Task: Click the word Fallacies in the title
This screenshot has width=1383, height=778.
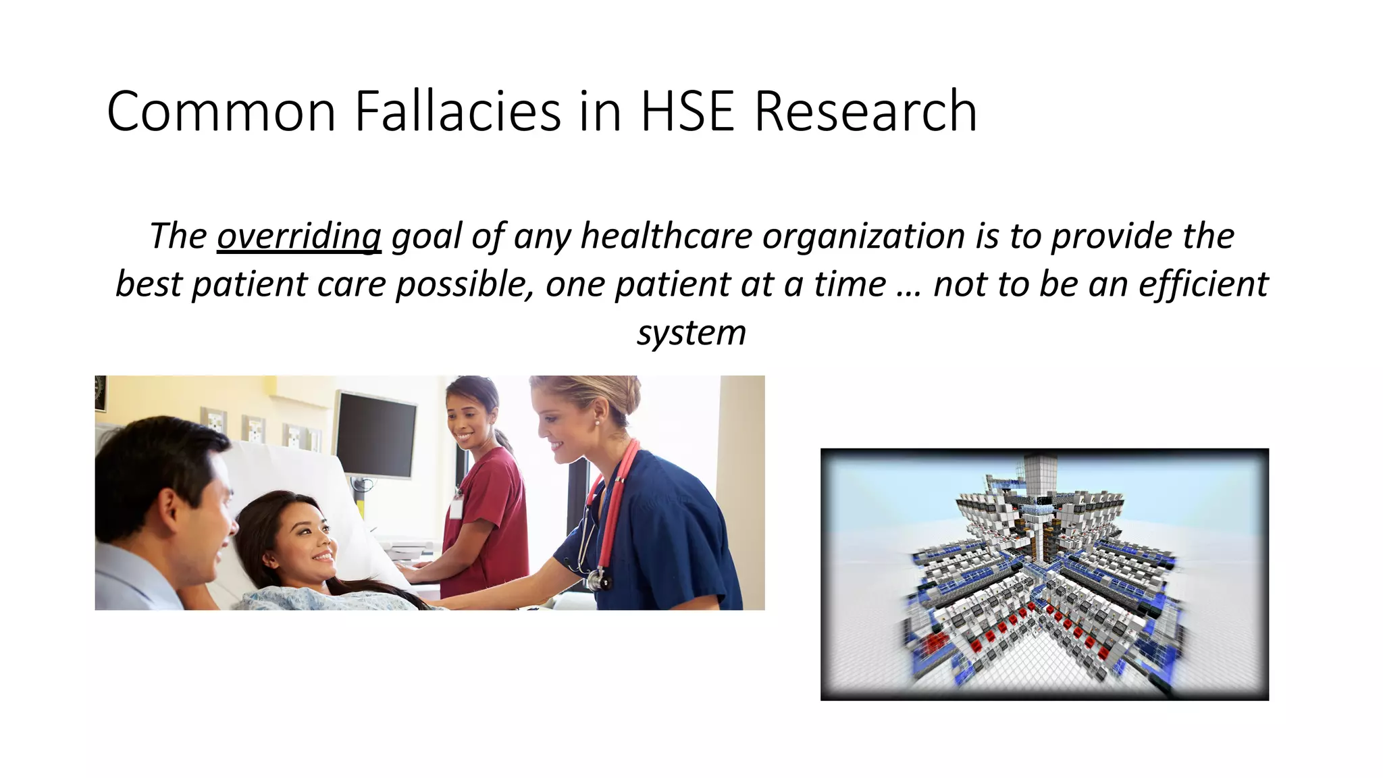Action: click(458, 111)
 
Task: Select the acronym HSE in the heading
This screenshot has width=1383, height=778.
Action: click(687, 111)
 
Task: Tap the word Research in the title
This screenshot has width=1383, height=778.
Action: click(865, 111)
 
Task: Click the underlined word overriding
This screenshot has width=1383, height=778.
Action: click(298, 236)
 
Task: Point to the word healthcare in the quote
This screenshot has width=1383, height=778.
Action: click(666, 236)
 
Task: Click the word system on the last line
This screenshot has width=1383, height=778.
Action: click(691, 333)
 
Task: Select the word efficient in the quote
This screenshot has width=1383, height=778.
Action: click(1203, 284)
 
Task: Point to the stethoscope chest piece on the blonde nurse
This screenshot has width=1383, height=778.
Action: click(597, 579)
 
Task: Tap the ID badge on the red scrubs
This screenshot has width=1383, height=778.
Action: click(456, 506)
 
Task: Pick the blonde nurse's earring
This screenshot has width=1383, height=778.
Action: click(598, 422)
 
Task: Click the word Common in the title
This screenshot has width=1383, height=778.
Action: click(221, 111)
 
